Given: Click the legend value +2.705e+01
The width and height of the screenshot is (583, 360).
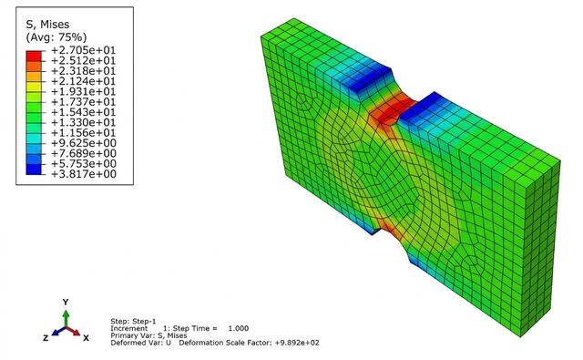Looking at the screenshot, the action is pyautogui.click(x=83, y=50).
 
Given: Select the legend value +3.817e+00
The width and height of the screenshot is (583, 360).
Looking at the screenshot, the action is pyautogui.click(x=83, y=174).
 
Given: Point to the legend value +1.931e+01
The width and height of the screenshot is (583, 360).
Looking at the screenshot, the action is pyautogui.click(x=83, y=91).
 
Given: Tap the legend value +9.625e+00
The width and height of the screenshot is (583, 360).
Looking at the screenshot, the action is pyautogui.click(x=83, y=143).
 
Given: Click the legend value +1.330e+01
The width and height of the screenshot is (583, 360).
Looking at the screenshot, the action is pyautogui.click(x=83, y=122).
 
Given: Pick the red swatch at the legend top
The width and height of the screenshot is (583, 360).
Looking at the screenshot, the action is pyautogui.click(x=34, y=56).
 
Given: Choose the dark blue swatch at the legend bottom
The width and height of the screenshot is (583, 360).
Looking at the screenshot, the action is pyautogui.click(x=34, y=170).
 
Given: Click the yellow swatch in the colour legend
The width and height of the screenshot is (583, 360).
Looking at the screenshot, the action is pyautogui.click(x=34, y=87).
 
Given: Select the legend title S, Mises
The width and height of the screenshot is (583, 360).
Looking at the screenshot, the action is pyautogui.click(x=47, y=25).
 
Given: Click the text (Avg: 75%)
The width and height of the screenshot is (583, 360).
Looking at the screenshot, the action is pyautogui.click(x=56, y=37).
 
